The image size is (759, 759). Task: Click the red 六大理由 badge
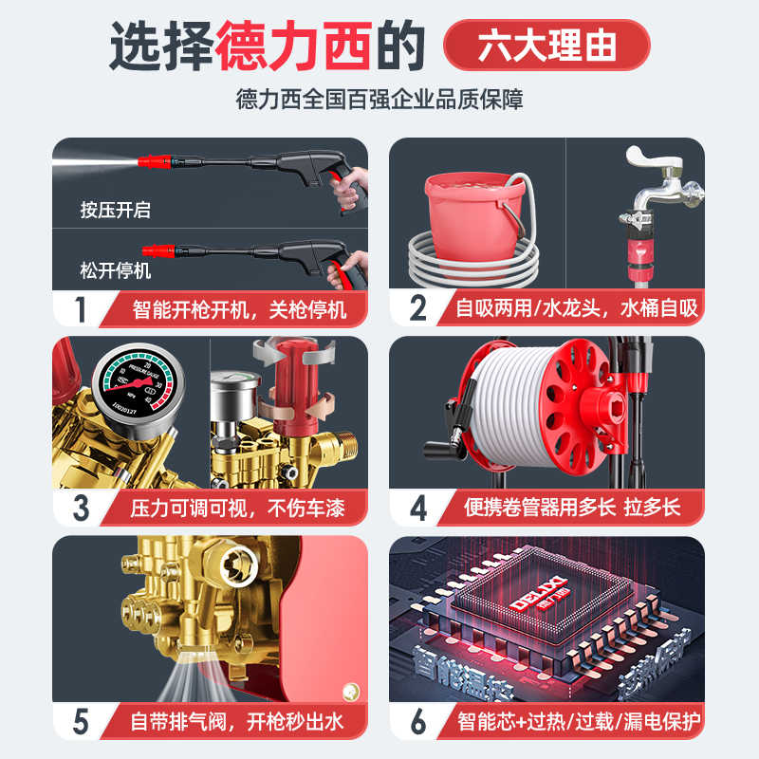[x=547, y=46]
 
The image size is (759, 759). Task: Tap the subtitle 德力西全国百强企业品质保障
[x=379, y=99]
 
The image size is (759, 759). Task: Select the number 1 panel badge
[x=81, y=308]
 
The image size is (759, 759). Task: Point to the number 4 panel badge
[x=418, y=507]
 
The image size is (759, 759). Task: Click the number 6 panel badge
[x=418, y=721]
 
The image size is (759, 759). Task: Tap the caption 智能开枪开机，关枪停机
[x=237, y=308]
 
